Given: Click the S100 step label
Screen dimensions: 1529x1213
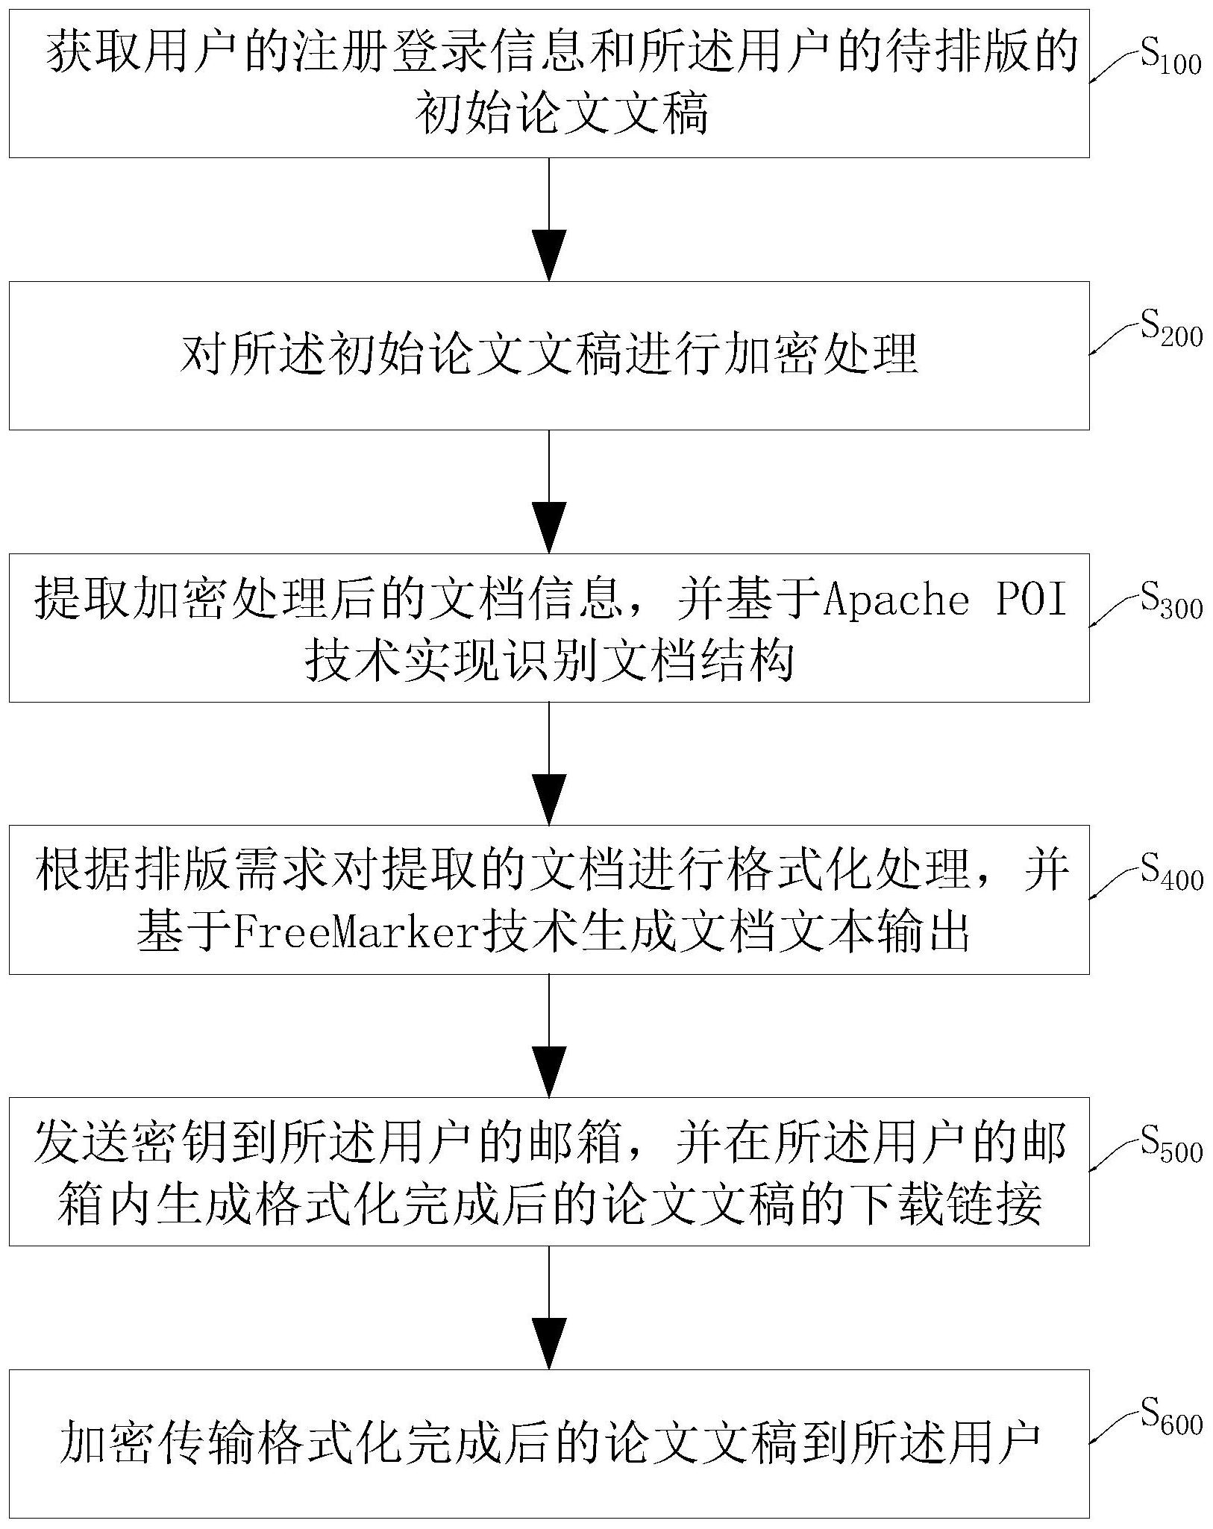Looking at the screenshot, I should [x=1170, y=60].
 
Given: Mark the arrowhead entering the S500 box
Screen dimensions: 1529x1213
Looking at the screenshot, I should [x=548, y=1072].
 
